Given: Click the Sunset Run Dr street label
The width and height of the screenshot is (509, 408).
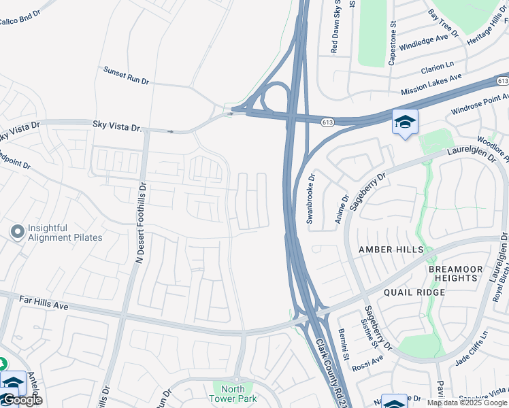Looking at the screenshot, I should pyautogui.click(x=126, y=75).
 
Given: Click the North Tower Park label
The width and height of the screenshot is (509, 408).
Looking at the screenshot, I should pyautogui.click(x=233, y=394).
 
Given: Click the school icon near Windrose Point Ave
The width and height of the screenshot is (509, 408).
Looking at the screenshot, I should pyautogui.click(x=405, y=122).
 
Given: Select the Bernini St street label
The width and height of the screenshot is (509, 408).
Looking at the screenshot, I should pyautogui.click(x=344, y=344).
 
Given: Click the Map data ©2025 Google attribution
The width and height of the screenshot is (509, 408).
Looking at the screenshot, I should pyautogui.click(x=467, y=403).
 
